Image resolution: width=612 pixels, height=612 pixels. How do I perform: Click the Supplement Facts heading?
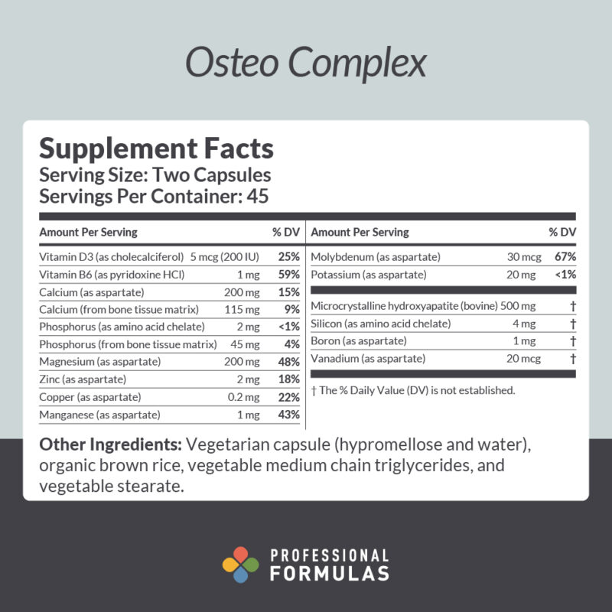coord(156,147)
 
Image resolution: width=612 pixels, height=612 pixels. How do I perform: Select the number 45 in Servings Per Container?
coord(258,196)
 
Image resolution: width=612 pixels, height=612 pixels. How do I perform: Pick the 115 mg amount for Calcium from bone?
coord(244,310)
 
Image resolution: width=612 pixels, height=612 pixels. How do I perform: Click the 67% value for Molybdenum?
coord(565,257)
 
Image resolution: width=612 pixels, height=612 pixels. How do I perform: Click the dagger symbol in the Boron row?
coord(572,341)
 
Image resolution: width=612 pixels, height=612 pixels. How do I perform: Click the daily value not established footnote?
coord(413,391)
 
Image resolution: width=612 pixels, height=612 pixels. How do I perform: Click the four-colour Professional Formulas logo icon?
coord(241,565)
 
